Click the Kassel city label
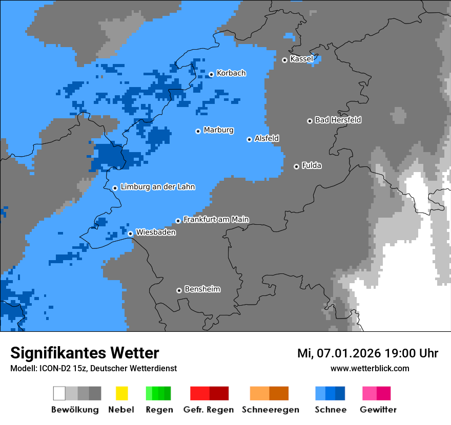coord(301,59)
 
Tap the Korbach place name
coord(231,73)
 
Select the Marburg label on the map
coord(218,130)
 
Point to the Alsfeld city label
coord(266,138)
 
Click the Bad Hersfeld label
coord(338,120)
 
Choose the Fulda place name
coord(312,165)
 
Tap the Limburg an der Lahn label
coord(157,187)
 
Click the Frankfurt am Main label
coord(216,219)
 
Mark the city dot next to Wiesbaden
coord(131,233)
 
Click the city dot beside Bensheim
coord(179,290)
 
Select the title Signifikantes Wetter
coord(85,353)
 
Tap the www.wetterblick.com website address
coord(370,368)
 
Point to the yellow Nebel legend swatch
coord(121,393)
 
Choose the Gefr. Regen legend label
coord(209,410)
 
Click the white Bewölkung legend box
coord(59,393)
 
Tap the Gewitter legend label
coord(378,410)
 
